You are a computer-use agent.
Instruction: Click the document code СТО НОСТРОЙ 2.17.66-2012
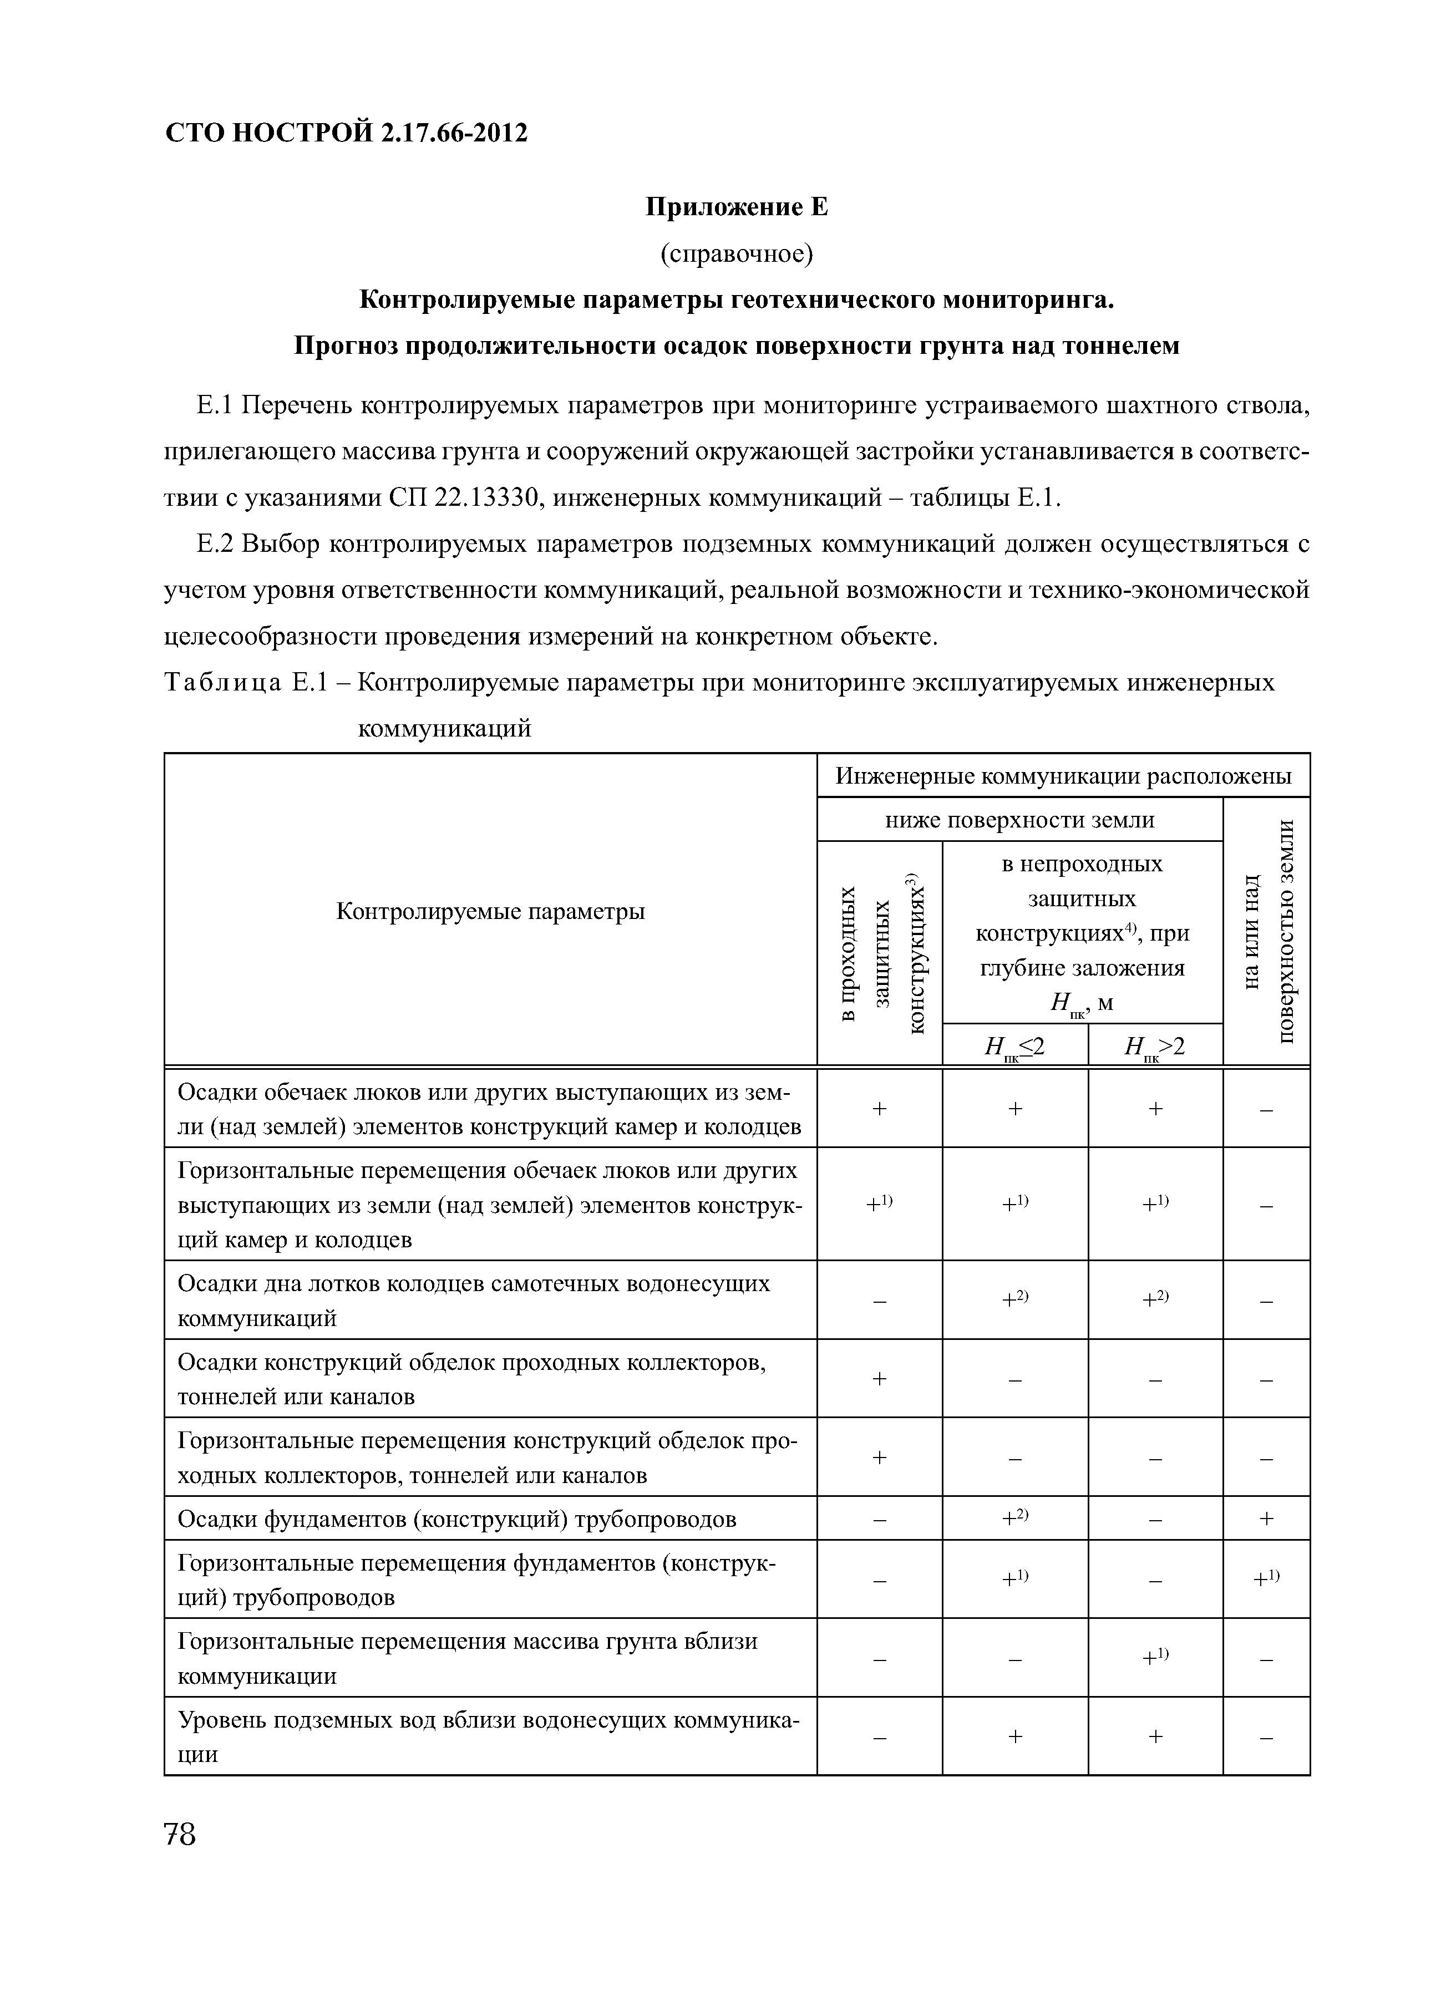pyautogui.click(x=347, y=133)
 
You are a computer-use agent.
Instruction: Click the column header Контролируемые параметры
pyautogui.click(x=490, y=911)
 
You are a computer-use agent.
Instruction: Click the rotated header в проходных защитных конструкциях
pyautogui.click(x=879, y=953)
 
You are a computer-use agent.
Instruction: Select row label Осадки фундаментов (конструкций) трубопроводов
pyautogui.click(x=456, y=1520)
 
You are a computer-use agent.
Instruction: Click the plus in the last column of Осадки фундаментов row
pyautogui.click(x=1265, y=1520)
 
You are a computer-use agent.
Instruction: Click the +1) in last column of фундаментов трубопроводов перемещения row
pyautogui.click(x=1265, y=1578)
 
